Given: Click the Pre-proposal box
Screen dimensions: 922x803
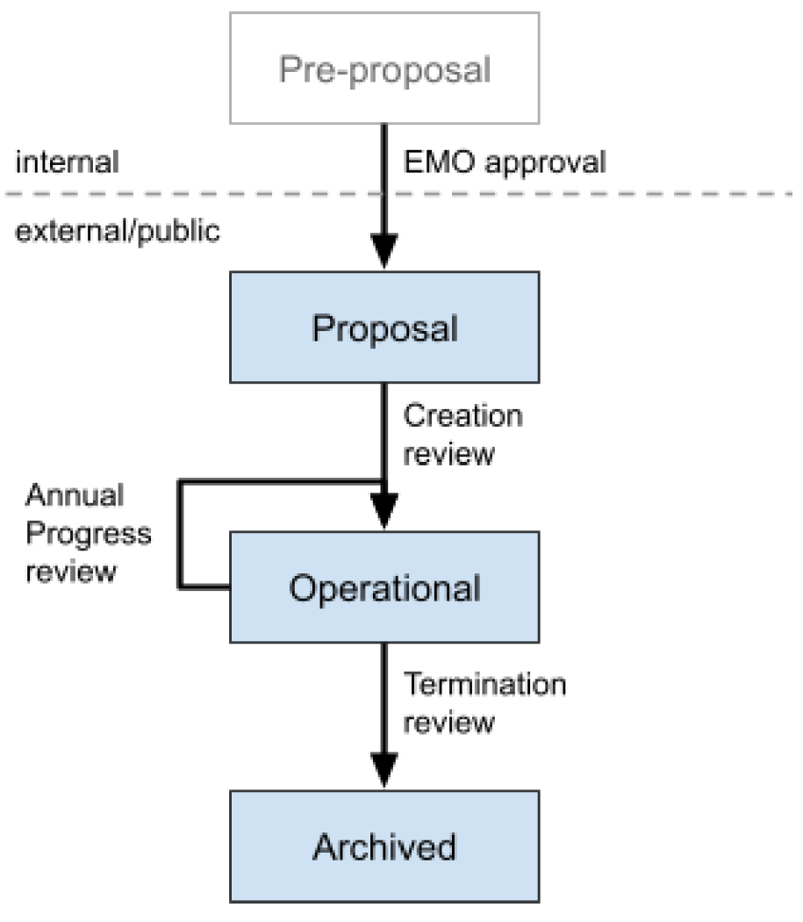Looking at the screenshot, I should [384, 68].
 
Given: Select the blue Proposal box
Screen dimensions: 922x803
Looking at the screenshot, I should [384, 328].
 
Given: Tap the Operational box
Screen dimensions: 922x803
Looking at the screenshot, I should [384, 587].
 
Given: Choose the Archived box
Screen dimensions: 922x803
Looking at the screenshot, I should [384, 846].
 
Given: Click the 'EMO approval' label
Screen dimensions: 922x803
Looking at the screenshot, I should [504, 162].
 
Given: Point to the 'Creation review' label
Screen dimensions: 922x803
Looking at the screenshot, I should [462, 435].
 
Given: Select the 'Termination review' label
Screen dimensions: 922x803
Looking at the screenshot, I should [484, 702].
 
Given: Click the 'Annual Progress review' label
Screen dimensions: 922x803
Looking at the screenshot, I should [88, 533].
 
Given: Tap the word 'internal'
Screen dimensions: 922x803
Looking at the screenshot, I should [67, 162].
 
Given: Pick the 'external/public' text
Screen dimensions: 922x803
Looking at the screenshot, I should [118, 233].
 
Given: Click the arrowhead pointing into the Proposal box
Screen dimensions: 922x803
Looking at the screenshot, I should [384, 252].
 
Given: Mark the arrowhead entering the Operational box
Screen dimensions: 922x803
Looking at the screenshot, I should [384, 511].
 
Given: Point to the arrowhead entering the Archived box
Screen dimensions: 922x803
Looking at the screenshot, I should [384, 771].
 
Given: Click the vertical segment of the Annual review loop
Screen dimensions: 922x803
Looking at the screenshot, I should [180, 534].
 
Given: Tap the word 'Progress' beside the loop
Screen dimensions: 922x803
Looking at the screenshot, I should [88, 534].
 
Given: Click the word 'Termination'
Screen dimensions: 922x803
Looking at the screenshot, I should [484, 684].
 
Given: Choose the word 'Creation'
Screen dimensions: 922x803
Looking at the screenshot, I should [462, 415].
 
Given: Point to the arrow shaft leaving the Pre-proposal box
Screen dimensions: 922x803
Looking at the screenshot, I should [384, 176].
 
